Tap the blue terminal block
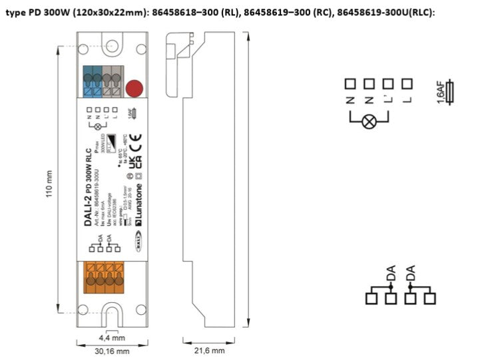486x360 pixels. coord(93,82)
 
